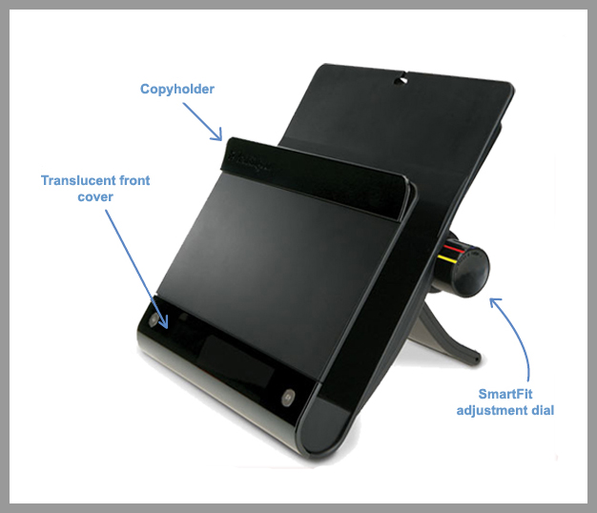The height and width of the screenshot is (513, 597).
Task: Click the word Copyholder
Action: coord(176,89)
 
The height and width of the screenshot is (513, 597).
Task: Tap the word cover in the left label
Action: coord(94,196)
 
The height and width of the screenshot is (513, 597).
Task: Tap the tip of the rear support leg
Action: coord(475,363)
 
